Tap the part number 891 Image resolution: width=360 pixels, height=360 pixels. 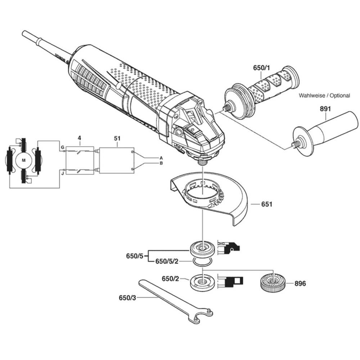(325, 109)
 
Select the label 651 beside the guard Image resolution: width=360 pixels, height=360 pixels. (266, 204)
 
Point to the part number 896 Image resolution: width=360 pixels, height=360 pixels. (300, 284)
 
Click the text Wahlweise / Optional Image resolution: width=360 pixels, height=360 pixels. (324, 96)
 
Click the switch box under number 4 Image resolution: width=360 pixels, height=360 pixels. (80, 161)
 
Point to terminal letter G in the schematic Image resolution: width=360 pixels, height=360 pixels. (62, 148)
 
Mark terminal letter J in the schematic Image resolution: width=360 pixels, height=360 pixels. (63, 173)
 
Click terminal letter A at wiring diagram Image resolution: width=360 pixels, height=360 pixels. (161, 158)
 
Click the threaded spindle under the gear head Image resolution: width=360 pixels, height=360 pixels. (202, 161)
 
